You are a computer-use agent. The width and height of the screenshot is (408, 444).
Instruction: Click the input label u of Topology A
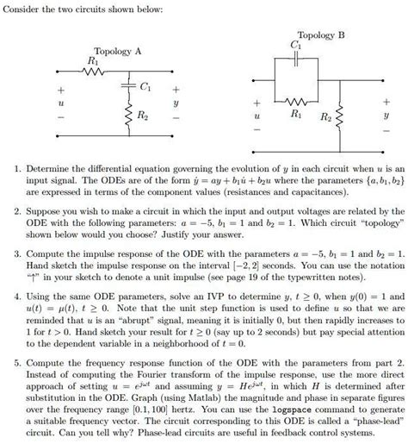click(61, 100)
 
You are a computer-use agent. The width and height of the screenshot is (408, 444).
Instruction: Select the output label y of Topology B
click(386, 113)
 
